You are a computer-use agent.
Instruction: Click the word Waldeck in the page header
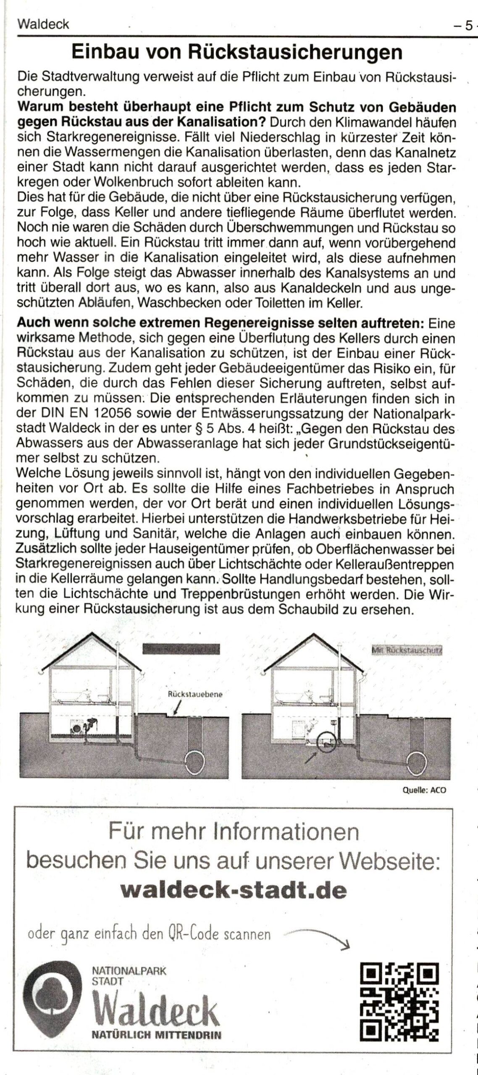(43, 24)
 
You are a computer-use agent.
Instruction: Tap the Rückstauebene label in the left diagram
(195, 694)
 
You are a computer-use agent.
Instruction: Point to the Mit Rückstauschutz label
(407, 650)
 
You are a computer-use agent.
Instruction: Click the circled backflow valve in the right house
(326, 742)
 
